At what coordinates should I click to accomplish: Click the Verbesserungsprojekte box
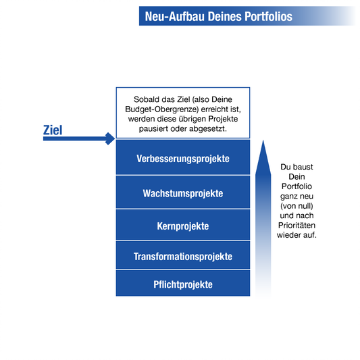coord(183,157)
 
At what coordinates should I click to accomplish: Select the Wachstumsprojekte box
coord(183,192)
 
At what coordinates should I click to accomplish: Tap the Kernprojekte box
coord(183,225)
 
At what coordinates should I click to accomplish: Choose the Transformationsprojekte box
coord(183,255)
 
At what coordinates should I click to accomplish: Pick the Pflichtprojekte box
coord(183,283)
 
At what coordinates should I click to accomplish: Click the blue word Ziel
coord(53,130)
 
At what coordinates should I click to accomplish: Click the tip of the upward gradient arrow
coord(263,140)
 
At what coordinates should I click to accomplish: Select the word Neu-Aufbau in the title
coord(174,16)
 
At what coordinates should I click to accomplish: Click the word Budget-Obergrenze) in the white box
coord(162,109)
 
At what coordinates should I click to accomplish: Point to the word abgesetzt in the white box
coord(207,129)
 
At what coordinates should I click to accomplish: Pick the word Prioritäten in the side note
coord(297,225)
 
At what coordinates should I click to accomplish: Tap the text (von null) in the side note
coord(297,206)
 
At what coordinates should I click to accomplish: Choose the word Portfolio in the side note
coord(297,186)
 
